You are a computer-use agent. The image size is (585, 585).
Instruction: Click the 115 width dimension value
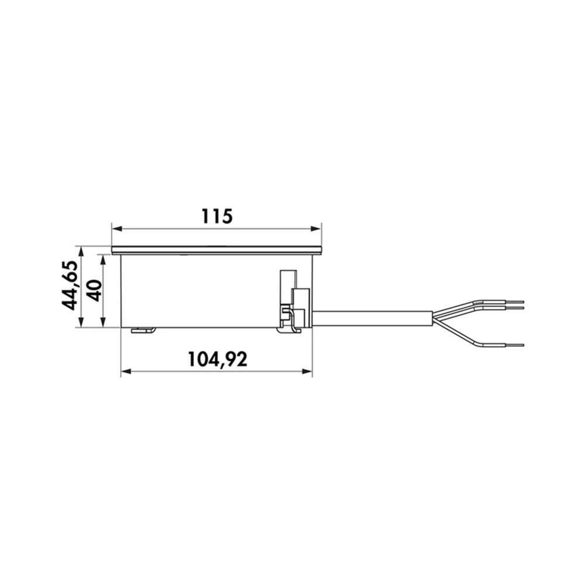pos(217,216)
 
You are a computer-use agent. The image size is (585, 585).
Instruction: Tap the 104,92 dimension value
pos(217,358)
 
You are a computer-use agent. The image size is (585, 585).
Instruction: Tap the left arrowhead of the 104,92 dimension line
pos(124,371)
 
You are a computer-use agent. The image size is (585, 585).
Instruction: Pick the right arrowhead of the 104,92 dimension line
pos(308,371)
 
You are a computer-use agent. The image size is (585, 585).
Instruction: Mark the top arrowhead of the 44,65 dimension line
pos(82,250)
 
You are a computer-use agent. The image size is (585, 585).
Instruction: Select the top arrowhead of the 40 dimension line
pos(104,258)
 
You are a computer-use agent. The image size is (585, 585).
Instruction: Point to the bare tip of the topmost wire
pos(516,301)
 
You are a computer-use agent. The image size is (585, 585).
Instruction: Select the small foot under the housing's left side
pos(143,331)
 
